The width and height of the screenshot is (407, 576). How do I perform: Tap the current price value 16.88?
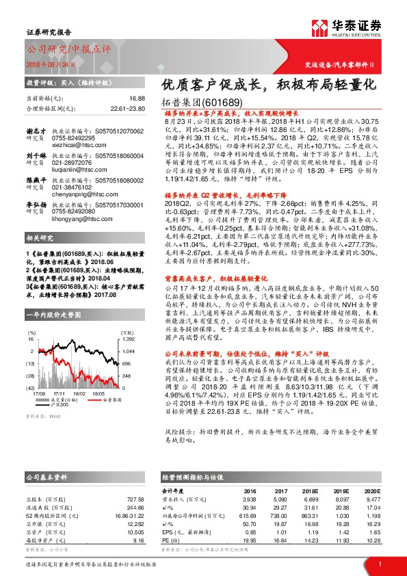(137, 99)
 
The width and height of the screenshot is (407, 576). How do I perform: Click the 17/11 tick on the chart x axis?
(59, 394)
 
